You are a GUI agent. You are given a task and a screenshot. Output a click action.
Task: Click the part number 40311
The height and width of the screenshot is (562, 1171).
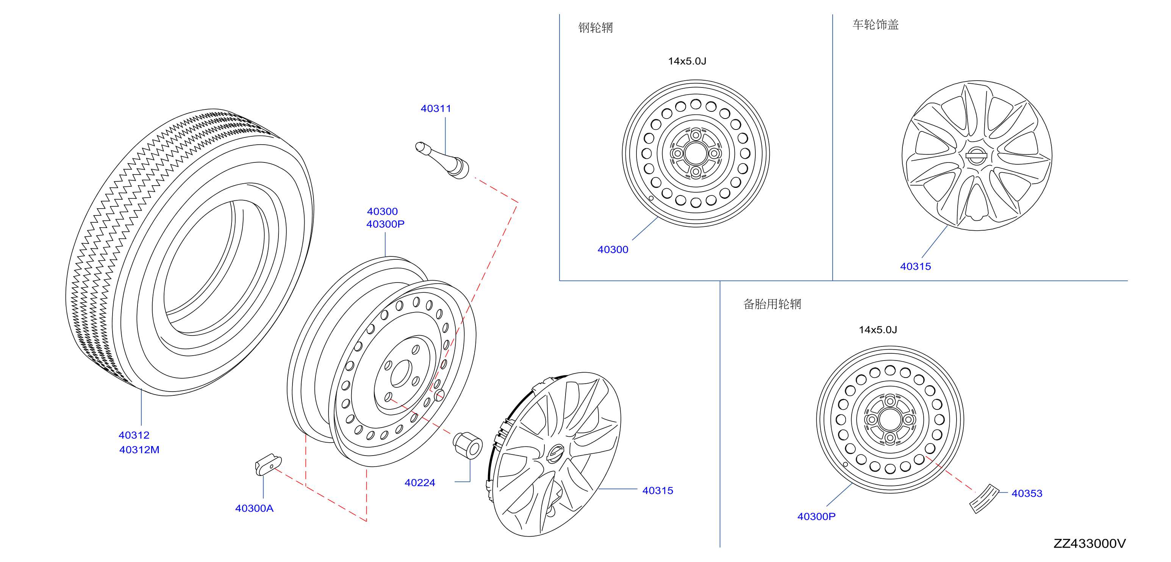pyautogui.click(x=436, y=109)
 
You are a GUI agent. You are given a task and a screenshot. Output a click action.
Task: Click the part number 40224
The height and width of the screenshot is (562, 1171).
pyautogui.click(x=420, y=482)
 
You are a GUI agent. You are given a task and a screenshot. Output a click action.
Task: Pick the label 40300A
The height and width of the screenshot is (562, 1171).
pyautogui.click(x=254, y=508)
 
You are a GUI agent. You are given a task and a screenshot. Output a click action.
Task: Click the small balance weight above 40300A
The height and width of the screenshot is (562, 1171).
pyautogui.click(x=268, y=465)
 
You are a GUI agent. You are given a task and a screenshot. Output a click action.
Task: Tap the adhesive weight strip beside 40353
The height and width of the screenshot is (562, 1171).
pyautogui.click(x=984, y=498)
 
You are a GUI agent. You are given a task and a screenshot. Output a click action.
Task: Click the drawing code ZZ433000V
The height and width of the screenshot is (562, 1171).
pyautogui.click(x=1089, y=543)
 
